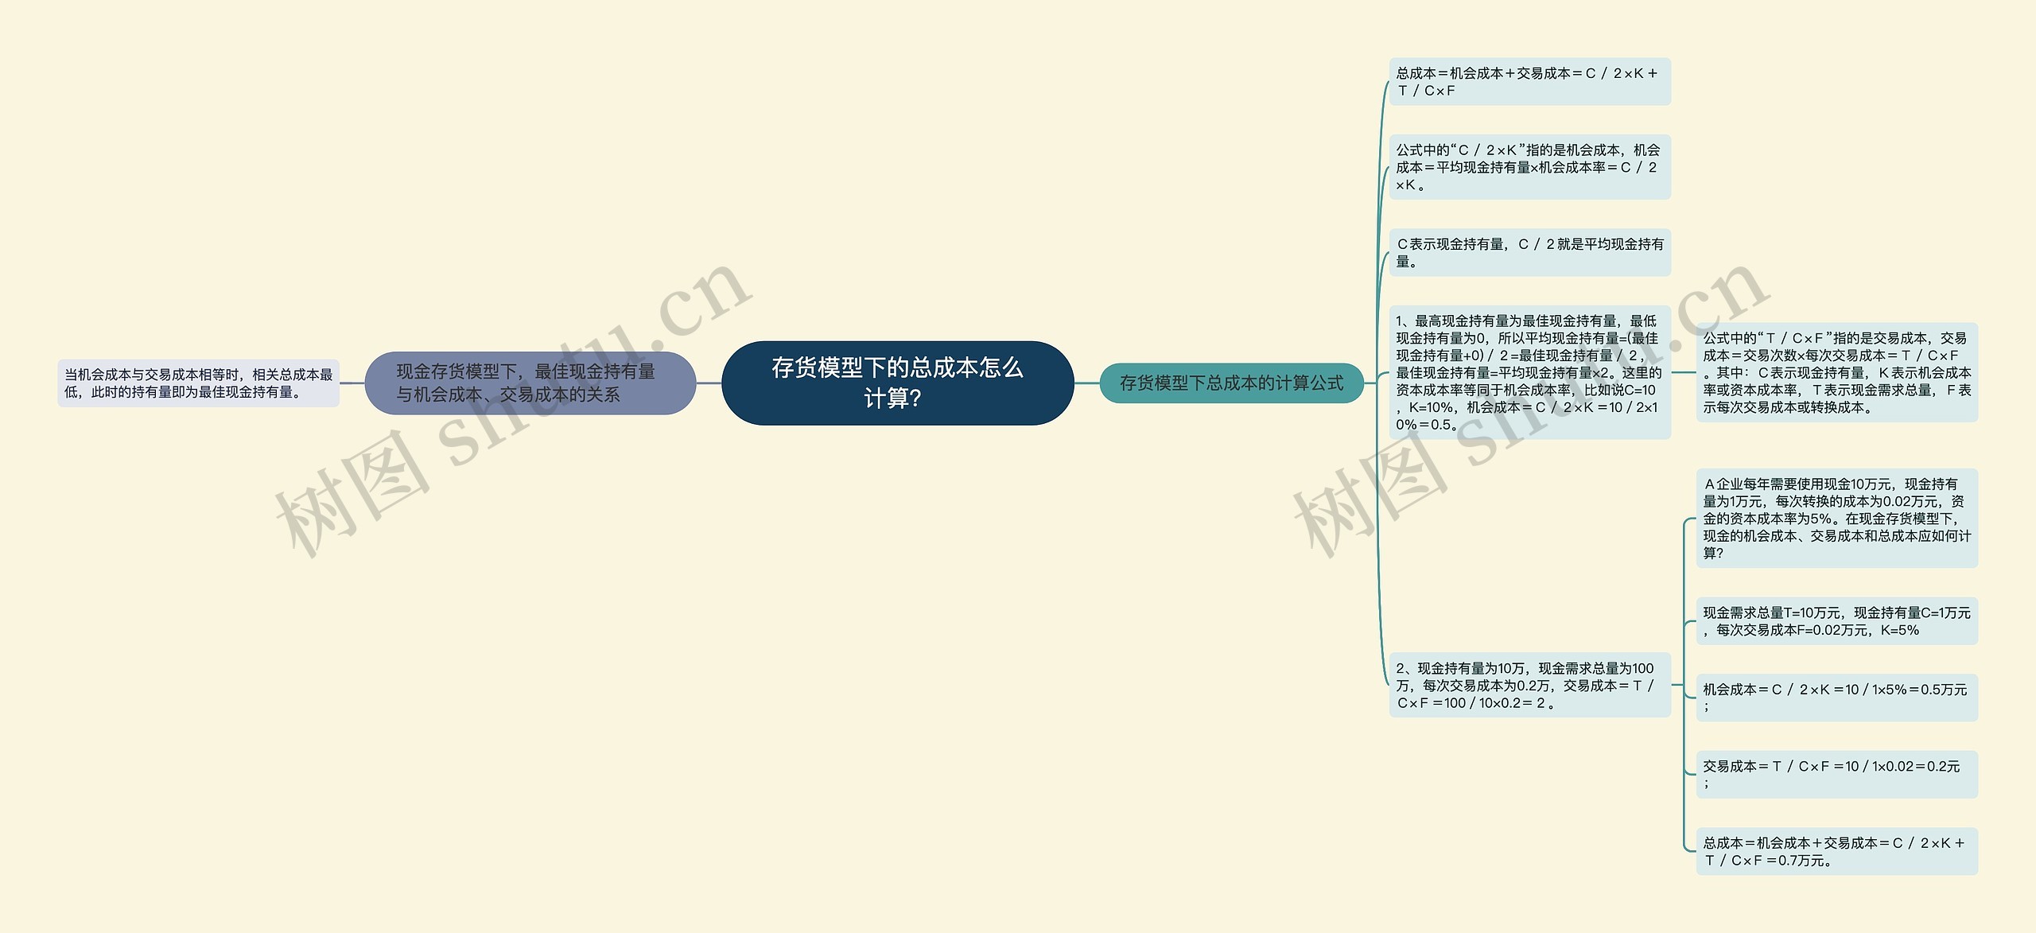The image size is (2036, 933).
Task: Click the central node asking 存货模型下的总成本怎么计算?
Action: tap(897, 383)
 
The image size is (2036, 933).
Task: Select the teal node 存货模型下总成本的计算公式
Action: tap(1231, 383)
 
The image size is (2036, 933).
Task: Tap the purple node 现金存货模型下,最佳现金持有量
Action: tap(530, 383)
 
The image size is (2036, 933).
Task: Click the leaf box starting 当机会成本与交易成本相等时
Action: tap(198, 383)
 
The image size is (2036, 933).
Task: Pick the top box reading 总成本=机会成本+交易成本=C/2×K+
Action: tap(1529, 82)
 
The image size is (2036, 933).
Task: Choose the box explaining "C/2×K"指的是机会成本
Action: tap(1529, 167)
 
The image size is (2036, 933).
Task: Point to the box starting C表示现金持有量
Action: tap(1529, 253)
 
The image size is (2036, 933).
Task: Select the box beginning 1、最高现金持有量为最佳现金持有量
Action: tap(1529, 372)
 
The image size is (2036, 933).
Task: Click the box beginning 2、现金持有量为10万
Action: tap(1529, 686)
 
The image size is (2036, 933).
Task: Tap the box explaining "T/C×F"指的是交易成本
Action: tap(1836, 372)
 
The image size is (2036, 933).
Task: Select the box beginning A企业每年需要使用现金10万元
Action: tap(1836, 518)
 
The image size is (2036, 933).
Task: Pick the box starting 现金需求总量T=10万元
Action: tap(1836, 621)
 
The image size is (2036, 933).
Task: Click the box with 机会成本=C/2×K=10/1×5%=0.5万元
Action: tap(1836, 698)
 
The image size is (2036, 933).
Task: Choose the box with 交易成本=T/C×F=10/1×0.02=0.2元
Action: tap(1836, 775)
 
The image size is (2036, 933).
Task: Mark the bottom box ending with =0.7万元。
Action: tap(1836, 851)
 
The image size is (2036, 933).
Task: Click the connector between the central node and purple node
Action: tap(709, 383)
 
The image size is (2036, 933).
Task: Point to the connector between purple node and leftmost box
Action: tap(352, 383)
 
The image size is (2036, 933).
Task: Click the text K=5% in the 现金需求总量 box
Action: tap(1899, 630)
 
